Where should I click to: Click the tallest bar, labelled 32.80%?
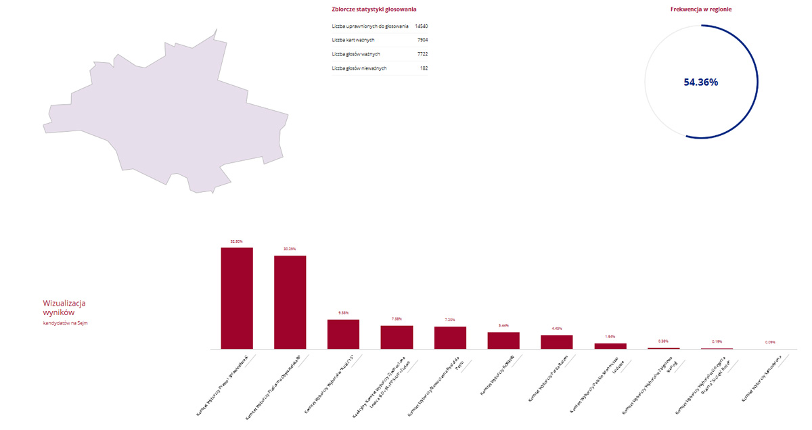[237, 298]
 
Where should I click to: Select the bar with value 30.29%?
[290, 302]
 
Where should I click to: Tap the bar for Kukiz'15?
[343, 334]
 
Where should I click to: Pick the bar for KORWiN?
[503, 340]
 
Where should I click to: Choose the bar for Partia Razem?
[557, 342]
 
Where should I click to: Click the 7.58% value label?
[397, 318]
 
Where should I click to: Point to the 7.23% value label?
[450, 320]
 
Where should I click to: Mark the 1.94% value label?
[610, 336]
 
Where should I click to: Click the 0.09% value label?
[770, 342]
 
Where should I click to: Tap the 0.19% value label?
[717, 341]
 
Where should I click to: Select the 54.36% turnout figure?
[700, 82]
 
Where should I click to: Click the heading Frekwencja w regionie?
[700, 9]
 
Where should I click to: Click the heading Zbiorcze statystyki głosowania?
[374, 9]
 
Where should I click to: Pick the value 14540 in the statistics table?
[422, 26]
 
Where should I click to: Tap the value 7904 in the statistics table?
[423, 40]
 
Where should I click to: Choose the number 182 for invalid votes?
[424, 68]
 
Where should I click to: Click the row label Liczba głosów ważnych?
[356, 54]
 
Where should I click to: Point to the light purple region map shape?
[169, 115]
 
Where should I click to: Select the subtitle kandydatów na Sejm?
[65, 323]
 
